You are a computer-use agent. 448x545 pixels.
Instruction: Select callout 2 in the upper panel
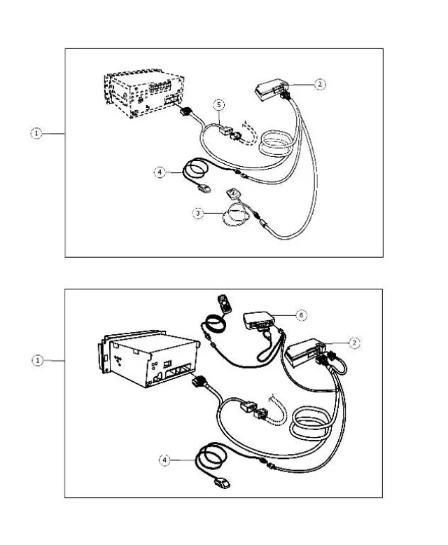(319, 84)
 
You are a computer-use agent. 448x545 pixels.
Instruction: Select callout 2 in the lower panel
(354, 343)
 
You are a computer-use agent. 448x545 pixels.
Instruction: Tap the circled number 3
(199, 213)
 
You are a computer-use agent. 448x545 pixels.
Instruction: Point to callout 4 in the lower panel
(165, 460)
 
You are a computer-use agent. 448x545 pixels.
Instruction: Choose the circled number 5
(219, 105)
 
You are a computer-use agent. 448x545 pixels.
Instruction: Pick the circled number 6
(301, 315)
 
